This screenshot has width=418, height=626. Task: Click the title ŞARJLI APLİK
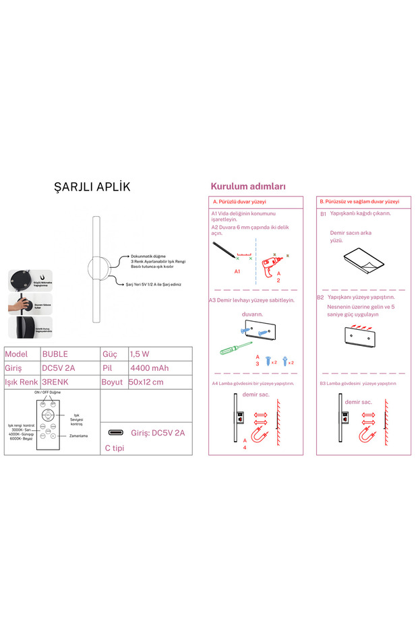click(92, 187)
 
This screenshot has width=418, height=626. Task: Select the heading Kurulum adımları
click(248, 186)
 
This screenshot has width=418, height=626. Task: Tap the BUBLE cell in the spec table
click(55, 353)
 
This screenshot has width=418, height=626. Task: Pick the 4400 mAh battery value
click(149, 368)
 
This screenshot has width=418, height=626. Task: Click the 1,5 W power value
click(140, 353)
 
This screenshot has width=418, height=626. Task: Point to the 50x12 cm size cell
click(146, 382)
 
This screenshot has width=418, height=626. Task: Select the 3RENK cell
click(55, 382)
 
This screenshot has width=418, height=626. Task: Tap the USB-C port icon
click(116, 432)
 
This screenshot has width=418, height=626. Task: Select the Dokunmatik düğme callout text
click(148, 256)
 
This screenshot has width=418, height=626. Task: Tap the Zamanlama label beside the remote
click(78, 436)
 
